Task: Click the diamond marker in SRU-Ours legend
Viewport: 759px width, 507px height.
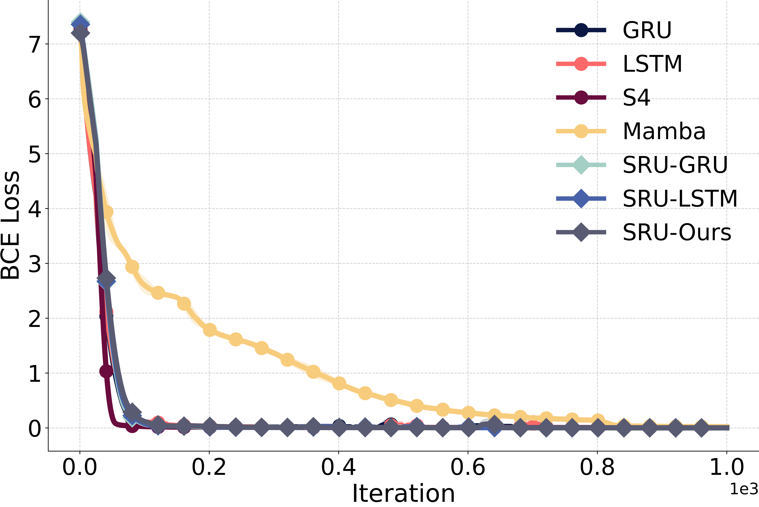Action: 581,232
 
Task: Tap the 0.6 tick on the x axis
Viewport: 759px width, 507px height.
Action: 468,467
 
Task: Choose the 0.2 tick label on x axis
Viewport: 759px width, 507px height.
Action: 209,467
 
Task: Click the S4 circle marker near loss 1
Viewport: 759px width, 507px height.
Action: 106,371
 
